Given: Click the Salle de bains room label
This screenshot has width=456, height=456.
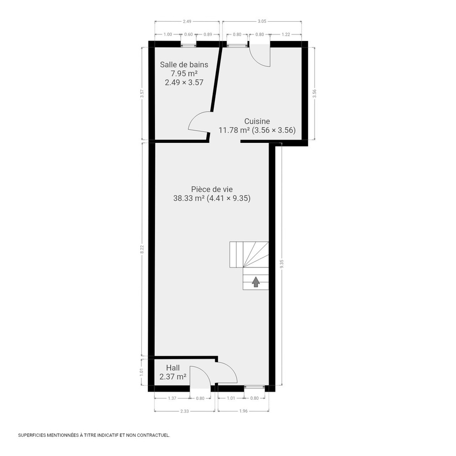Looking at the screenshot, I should tap(184, 64).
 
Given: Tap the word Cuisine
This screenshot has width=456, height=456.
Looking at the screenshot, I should tap(257, 121).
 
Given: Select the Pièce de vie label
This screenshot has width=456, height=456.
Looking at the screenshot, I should tap(212, 189).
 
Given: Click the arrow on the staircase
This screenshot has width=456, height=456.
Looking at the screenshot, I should tap(255, 282).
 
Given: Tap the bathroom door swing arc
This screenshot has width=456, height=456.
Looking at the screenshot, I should tap(198, 123).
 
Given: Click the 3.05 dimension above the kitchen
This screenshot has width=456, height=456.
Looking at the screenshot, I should tap(262, 22).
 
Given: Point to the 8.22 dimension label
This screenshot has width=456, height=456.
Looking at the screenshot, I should tap(142, 249).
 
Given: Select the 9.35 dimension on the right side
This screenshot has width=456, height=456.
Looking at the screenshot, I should tap(281, 263).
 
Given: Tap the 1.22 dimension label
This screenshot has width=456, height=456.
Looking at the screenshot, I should tap(286, 34).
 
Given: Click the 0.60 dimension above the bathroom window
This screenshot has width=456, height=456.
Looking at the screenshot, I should tap(188, 34).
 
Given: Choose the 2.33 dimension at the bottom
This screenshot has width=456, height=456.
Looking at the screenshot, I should tap(184, 411).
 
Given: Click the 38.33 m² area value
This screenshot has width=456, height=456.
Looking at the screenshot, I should tap(188, 199).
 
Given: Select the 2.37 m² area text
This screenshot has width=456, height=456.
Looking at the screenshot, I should tap(173, 376).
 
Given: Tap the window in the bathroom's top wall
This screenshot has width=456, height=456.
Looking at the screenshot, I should tap(188, 44).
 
